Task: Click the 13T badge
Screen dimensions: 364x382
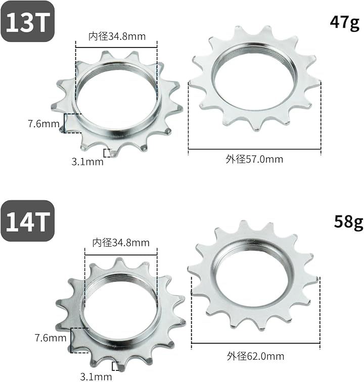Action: tap(27, 21)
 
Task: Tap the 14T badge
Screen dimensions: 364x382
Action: tap(27, 221)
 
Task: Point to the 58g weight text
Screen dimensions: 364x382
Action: tap(348, 223)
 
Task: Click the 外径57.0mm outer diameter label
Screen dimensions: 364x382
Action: tap(254, 159)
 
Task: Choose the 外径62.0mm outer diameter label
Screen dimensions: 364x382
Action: tap(255, 356)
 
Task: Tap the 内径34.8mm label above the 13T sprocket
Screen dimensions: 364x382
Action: tap(117, 36)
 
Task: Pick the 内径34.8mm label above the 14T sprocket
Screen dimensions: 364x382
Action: tap(121, 243)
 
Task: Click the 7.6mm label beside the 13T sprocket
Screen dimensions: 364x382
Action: tap(43, 124)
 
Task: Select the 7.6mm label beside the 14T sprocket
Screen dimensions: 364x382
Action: tap(51, 338)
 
